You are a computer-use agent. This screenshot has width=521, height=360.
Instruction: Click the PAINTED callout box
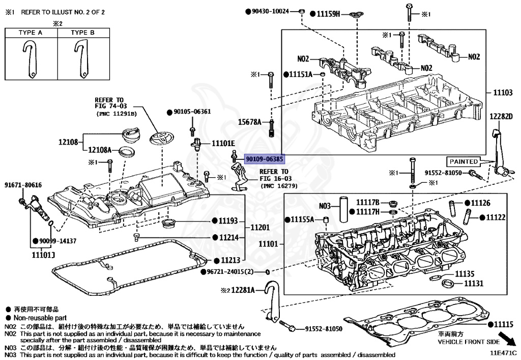pos(462,161)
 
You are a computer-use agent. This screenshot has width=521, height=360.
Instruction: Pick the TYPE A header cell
pos(31,33)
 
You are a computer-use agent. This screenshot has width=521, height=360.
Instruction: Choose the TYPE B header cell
pos(82,33)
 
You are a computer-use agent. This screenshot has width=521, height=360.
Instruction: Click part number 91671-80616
pos(23,185)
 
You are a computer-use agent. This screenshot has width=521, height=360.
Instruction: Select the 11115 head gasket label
pos(504,324)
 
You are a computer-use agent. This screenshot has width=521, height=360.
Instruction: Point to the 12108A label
pos(102,150)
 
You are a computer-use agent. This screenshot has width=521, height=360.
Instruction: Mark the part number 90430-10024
pos(273,11)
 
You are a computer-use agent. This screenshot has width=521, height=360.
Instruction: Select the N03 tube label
pos(325,206)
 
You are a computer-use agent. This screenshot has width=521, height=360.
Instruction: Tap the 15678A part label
pos(251,123)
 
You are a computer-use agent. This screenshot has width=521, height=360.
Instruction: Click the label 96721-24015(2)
pos(233,272)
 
